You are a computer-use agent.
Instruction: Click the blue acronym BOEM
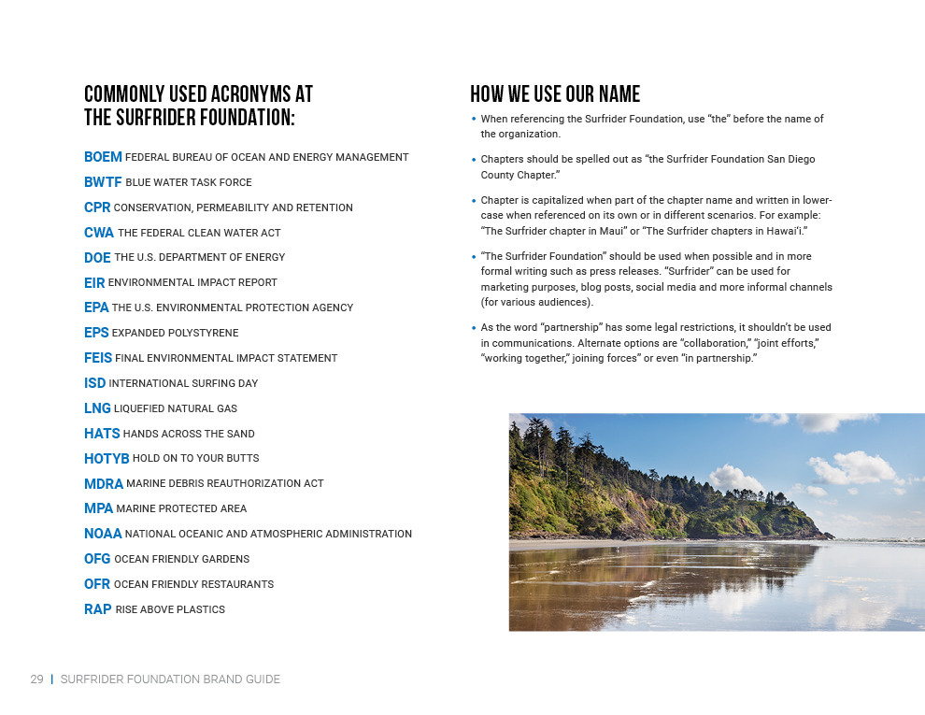coord(103,157)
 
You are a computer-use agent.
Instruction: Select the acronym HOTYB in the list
coord(107,459)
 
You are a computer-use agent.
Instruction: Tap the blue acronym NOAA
coord(103,534)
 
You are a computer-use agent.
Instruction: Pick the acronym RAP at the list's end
coord(98,609)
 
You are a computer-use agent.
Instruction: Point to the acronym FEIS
coord(98,358)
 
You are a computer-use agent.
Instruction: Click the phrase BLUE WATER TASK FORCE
coord(188,183)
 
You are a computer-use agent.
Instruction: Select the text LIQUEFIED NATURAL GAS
coord(176,408)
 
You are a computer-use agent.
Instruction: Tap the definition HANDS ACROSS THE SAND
coord(189,434)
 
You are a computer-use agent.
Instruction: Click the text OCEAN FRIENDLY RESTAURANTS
coord(193,584)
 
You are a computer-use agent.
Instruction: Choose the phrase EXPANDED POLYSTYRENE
coord(175,333)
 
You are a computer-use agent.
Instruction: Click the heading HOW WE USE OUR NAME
coord(555,94)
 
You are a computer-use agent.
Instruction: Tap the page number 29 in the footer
coord(37,679)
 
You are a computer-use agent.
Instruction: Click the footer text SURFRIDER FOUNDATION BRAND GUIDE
coord(170,679)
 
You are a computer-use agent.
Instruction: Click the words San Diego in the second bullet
coord(790,159)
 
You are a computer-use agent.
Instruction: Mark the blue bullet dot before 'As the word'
coord(474,327)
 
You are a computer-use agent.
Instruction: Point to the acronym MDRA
coord(104,484)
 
